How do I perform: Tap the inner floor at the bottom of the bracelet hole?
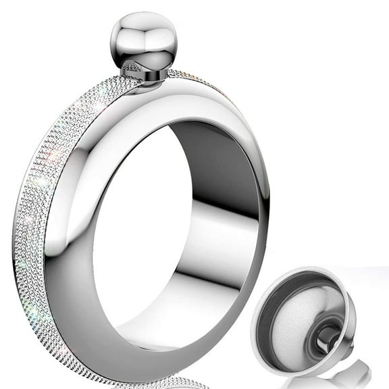[176, 317]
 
